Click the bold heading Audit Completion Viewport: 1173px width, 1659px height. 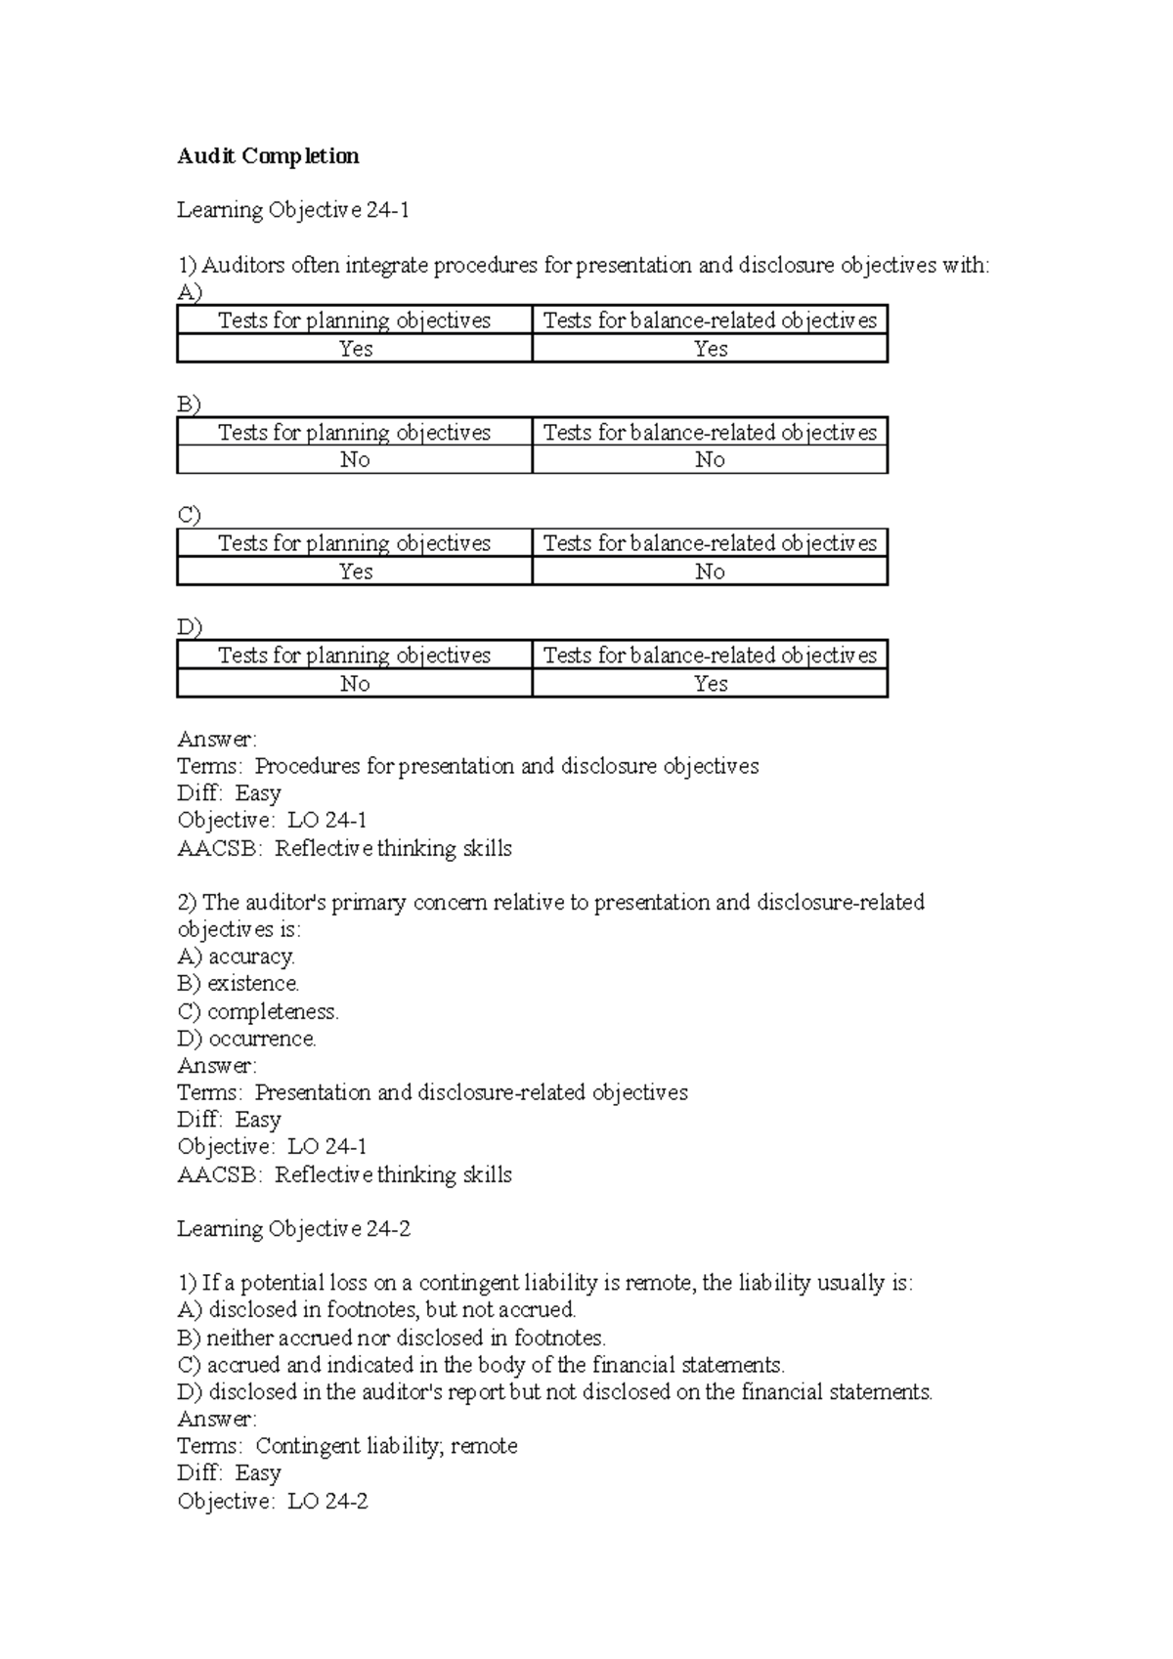pos(268,156)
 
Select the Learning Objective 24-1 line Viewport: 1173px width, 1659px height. pos(293,210)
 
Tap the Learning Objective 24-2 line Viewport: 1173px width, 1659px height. pos(293,1229)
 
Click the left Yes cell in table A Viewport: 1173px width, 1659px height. pos(355,349)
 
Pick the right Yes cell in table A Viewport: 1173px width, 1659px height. pos(710,349)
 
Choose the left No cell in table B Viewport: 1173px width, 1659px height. pos(355,460)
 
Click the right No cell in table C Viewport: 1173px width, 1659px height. pos(710,572)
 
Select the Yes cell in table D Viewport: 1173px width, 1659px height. pos(710,684)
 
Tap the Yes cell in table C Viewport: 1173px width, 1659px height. pos(355,572)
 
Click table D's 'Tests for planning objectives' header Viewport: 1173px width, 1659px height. pos(355,656)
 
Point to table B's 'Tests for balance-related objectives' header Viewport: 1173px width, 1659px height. pos(710,433)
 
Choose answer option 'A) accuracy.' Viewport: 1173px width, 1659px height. pos(236,957)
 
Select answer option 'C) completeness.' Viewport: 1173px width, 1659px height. pos(258,1011)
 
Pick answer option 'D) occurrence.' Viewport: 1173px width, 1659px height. pos(246,1039)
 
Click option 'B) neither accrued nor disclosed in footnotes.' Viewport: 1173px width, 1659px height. pos(391,1338)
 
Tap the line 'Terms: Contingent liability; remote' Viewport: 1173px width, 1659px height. pos(347,1446)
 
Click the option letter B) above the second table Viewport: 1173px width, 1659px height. pos(188,404)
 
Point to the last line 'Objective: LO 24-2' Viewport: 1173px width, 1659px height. pos(272,1502)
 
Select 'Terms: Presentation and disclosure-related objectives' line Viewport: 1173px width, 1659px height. pos(432,1092)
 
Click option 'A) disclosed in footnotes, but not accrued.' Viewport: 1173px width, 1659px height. pos(376,1310)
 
